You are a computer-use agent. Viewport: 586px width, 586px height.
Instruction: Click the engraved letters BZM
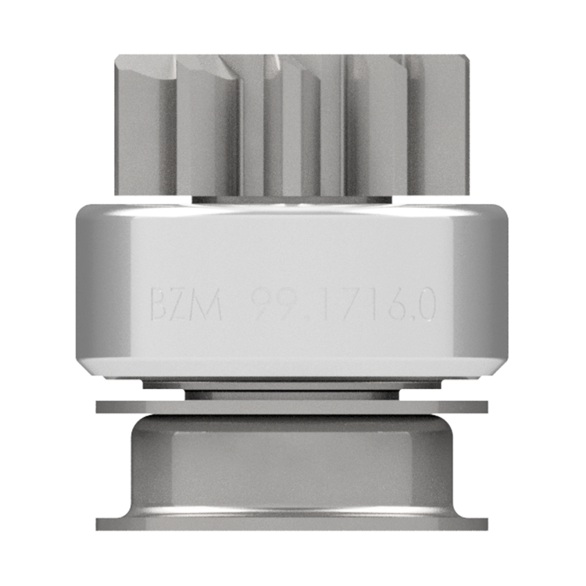186,304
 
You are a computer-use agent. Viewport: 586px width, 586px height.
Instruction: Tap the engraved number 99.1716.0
343,304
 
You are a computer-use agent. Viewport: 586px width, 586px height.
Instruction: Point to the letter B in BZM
159,304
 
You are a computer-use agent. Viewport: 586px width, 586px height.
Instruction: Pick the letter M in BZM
207,304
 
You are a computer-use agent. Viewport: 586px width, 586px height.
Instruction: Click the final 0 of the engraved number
426,304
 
